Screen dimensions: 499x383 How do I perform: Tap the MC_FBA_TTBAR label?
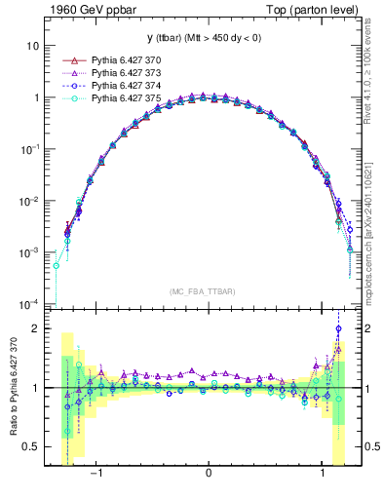coord(208,292)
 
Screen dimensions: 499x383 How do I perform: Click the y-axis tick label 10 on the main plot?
coord(33,47)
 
